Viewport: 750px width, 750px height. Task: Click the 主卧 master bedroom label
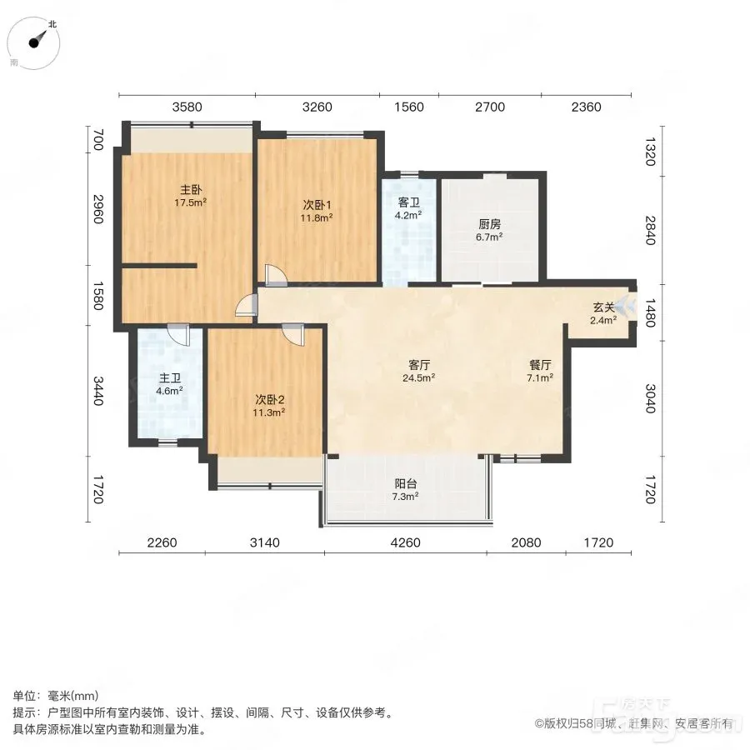(190, 190)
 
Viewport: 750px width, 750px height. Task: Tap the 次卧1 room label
(317, 205)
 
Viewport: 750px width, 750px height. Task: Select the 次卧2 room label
(269, 399)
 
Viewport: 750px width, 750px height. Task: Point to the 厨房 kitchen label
(489, 224)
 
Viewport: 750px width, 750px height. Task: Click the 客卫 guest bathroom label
(408, 202)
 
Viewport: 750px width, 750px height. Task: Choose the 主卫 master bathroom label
(169, 378)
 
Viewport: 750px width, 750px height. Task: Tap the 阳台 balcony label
(405, 484)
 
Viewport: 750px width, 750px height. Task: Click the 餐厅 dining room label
(540, 364)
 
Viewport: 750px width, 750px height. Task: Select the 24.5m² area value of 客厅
(418, 377)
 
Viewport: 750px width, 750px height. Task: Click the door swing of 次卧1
(276, 275)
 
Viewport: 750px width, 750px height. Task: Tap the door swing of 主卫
(178, 335)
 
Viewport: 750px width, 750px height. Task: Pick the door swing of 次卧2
(292, 334)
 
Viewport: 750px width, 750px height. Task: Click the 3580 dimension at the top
(187, 107)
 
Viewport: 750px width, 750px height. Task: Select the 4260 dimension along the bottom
(405, 542)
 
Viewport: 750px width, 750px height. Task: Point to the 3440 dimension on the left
(98, 391)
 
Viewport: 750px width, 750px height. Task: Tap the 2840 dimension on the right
(649, 231)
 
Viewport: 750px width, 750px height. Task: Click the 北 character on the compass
(52, 24)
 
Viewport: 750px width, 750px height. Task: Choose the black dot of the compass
(33, 43)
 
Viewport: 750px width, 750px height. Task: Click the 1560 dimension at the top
(409, 107)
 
